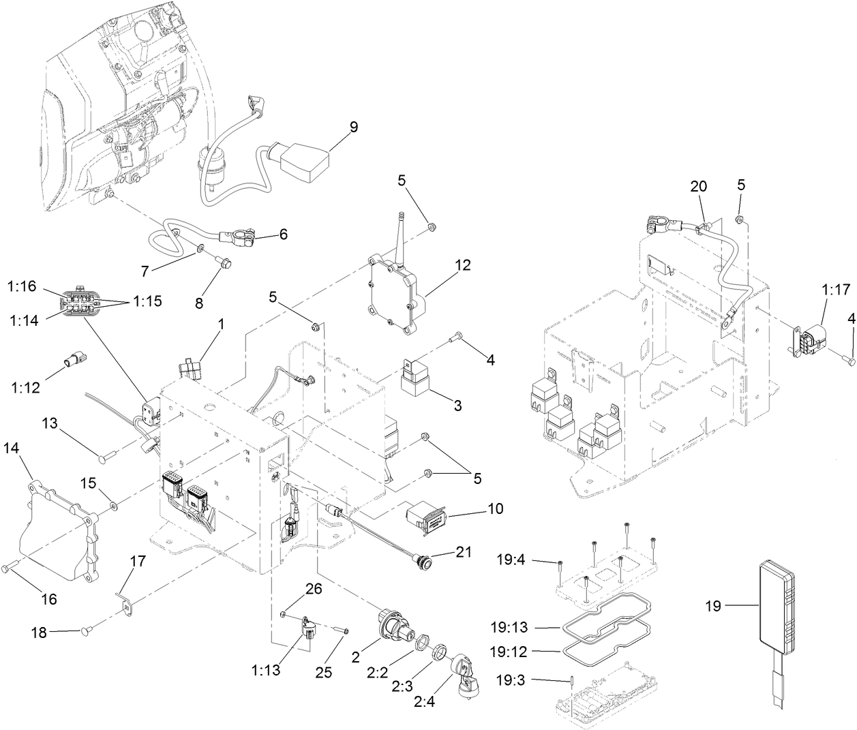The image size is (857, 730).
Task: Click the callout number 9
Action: [x=353, y=127]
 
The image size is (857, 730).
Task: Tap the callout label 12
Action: [x=463, y=265]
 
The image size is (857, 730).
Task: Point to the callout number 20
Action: [x=698, y=186]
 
